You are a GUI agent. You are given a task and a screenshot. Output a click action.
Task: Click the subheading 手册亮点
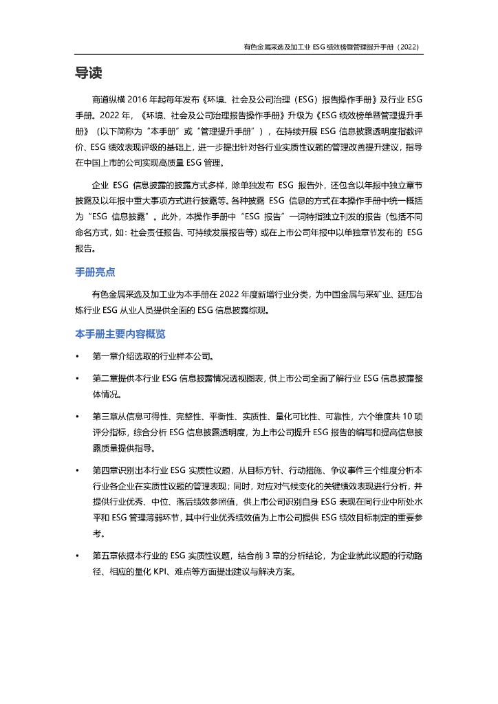95,273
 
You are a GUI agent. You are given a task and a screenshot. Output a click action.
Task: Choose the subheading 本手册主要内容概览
120,335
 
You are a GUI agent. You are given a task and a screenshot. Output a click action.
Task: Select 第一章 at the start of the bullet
105,357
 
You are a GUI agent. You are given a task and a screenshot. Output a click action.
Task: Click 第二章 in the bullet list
105,379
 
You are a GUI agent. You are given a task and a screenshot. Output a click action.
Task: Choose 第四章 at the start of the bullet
105,470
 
